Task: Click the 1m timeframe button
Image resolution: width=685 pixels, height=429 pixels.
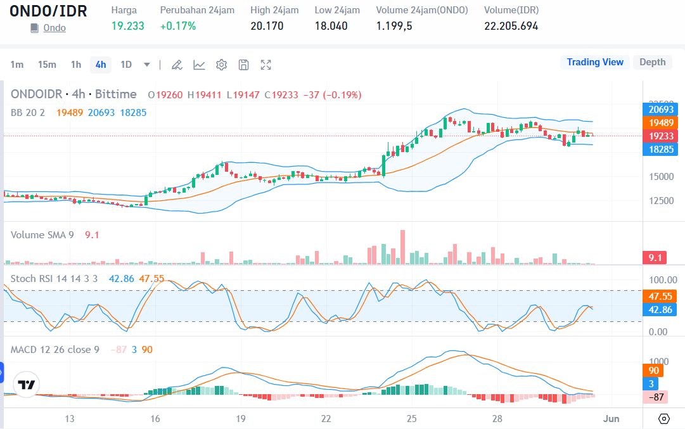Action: (17, 65)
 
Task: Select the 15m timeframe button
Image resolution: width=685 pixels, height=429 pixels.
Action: (47, 65)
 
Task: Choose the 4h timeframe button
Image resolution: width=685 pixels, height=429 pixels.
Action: (100, 65)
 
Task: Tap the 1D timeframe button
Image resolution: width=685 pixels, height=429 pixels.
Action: (126, 65)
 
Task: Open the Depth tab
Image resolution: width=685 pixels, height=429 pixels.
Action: (652, 62)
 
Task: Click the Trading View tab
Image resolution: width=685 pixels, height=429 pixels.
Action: (594, 62)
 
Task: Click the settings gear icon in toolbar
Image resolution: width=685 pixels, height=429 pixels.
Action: (221, 65)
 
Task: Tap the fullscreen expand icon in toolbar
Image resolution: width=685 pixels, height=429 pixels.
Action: (266, 65)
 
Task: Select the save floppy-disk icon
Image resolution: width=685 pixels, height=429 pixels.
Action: (243, 65)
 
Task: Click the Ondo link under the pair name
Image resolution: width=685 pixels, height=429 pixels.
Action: (54, 28)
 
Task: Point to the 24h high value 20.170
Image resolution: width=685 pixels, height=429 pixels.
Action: (267, 26)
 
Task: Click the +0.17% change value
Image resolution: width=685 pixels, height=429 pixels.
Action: (177, 26)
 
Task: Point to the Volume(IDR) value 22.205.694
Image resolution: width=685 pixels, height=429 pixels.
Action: (511, 26)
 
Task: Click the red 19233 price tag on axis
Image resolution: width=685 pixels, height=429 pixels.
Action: (660, 136)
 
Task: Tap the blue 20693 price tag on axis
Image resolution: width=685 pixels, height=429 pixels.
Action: (660, 110)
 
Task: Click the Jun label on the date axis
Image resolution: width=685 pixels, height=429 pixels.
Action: (611, 419)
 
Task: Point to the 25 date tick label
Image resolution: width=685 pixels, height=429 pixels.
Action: (412, 419)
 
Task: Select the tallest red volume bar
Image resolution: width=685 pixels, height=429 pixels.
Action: (402, 247)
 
